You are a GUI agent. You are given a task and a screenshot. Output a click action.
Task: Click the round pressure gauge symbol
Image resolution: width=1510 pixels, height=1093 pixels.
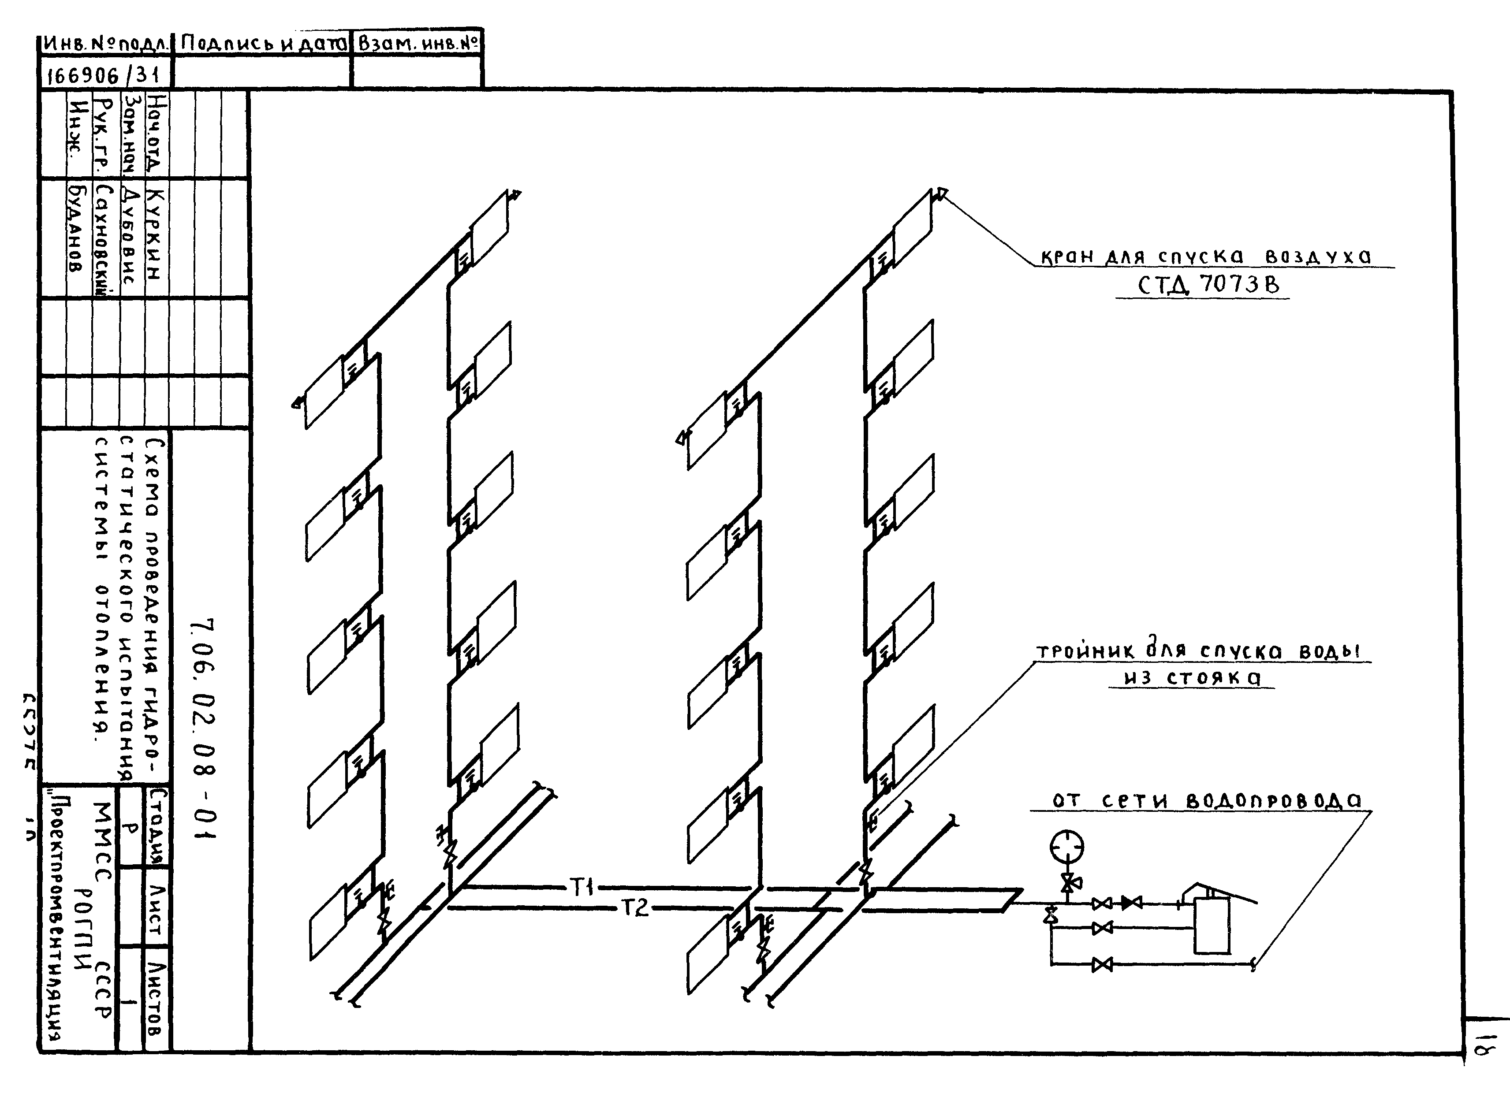[1066, 847]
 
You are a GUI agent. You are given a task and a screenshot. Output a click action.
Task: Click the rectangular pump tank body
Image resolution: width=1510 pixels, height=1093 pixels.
[1211, 925]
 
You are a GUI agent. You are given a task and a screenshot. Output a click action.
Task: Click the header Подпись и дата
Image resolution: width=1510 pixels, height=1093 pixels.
[263, 44]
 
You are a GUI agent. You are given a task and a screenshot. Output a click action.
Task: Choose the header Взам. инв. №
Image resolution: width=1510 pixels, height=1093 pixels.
[418, 44]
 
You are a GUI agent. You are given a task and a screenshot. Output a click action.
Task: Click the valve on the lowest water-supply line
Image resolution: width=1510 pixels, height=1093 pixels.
[1102, 964]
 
